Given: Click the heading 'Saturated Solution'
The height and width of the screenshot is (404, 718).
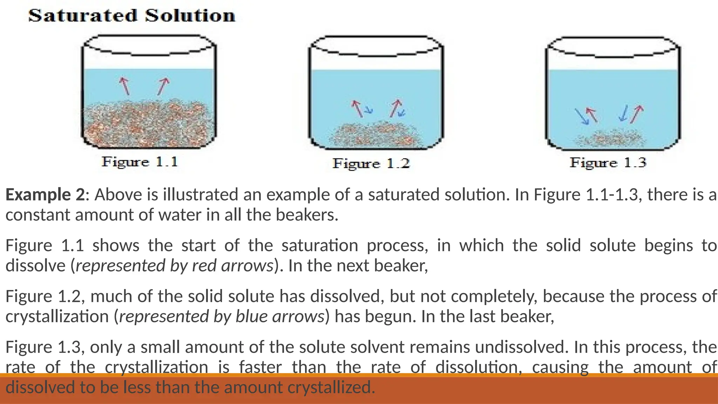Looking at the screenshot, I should click(x=131, y=16).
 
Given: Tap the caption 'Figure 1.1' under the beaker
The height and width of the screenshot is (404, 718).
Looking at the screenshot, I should click(x=140, y=162).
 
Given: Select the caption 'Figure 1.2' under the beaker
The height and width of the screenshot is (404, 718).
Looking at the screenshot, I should click(x=371, y=163).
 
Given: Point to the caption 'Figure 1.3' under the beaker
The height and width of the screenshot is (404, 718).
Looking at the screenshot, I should click(x=608, y=163).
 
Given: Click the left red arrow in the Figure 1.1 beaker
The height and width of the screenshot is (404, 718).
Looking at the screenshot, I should click(x=125, y=86).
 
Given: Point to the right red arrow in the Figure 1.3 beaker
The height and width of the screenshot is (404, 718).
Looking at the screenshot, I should click(x=637, y=114).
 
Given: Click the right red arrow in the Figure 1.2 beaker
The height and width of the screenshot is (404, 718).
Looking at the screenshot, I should click(x=395, y=108).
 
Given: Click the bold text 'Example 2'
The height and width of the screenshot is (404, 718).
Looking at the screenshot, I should click(x=45, y=195).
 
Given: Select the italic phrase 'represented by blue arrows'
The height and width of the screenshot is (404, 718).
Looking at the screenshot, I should click(x=222, y=317).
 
